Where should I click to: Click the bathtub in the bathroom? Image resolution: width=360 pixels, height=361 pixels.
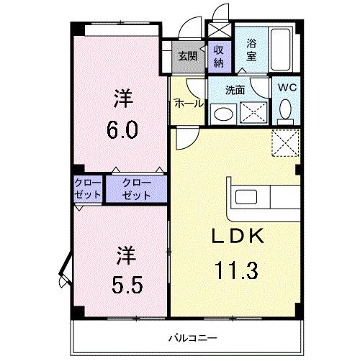click(x=281, y=48)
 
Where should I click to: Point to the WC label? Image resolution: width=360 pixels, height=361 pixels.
click(x=287, y=88)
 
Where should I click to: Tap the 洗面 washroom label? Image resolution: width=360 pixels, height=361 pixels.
click(x=235, y=91)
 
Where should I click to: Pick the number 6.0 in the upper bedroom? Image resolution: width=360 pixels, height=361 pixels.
click(x=120, y=132)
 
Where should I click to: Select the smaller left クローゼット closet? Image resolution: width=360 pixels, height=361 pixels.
click(x=88, y=189)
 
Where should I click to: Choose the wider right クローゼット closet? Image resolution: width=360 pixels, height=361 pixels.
click(x=136, y=189)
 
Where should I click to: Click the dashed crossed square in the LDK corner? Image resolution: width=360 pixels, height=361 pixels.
click(x=285, y=143)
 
